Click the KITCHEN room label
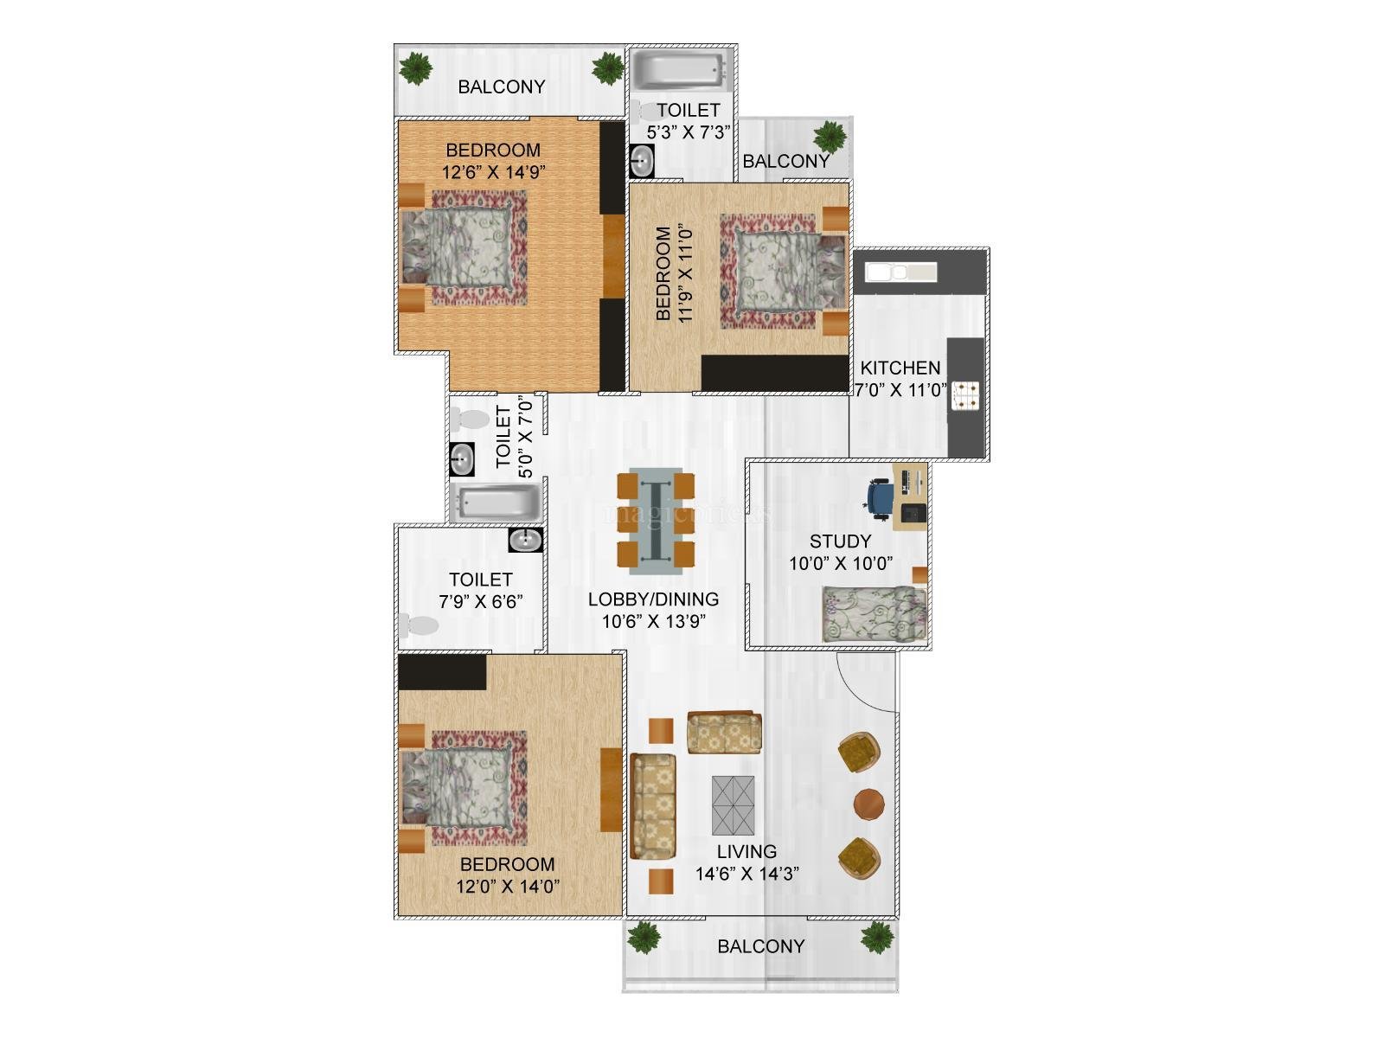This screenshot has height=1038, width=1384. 900,368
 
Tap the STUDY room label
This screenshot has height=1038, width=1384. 840,541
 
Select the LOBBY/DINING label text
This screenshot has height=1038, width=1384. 653,599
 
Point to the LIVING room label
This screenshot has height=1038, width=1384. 746,851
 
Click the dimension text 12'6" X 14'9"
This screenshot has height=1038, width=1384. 493,172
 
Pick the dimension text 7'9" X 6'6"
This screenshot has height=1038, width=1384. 480,602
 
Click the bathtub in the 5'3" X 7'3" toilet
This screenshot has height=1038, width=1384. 679,73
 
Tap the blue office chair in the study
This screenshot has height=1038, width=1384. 880,499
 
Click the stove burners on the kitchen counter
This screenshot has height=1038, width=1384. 964,394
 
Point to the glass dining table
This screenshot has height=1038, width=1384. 656,521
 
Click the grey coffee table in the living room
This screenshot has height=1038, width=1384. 734,805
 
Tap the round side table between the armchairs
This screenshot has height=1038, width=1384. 868,804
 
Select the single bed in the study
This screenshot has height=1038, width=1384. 874,614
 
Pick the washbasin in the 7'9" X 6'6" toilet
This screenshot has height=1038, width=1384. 526,540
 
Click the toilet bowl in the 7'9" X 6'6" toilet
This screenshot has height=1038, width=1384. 419,625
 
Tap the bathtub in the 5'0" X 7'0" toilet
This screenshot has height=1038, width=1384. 497,503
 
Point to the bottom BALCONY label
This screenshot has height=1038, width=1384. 761,946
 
